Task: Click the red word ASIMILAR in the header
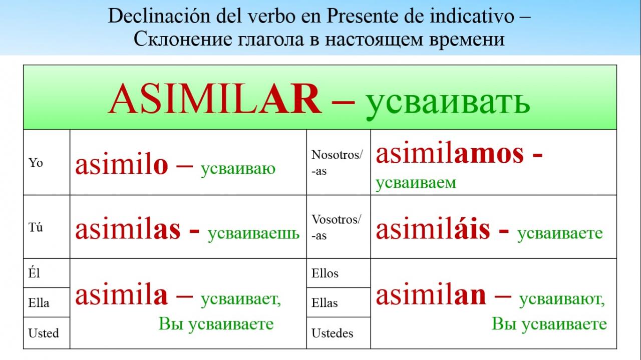[x=215, y=99]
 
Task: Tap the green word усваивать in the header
[x=448, y=103]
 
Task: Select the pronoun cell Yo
[x=36, y=163]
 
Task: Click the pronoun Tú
[x=36, y=227]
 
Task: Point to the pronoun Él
[x=34, y=273]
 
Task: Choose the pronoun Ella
[x=39, y=302]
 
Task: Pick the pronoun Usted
[x=44, y=333]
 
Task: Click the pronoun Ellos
[x=325, y=273]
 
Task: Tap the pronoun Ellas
[x=325, y=302]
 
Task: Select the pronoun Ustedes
[x=332, y=333]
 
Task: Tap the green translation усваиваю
[x=238, y=169]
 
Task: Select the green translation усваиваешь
[x=253, y=233]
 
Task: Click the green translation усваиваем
[x=416, y=183]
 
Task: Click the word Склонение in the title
[x=183, y=39]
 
